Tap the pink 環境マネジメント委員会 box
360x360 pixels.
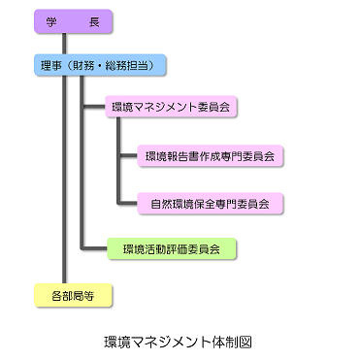[x=174, y=106]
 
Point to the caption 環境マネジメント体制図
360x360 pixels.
[x=180, y=343]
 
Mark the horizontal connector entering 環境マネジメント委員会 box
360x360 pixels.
[x=96, y=106]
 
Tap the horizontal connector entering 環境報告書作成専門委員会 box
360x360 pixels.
[x=131, y=155]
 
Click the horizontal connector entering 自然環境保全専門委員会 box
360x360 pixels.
[x=131, y=204]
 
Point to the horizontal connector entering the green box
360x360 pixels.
[x=95, y=249]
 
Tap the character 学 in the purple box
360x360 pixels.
[x=51, y=21]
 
